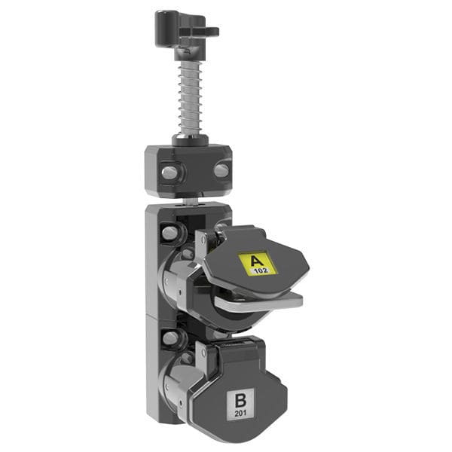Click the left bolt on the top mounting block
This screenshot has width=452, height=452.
click(169, 173)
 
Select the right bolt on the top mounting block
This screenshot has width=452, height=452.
click(221, 170)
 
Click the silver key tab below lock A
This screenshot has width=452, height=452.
click(260, 301)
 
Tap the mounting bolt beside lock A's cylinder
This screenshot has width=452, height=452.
click(170, 233)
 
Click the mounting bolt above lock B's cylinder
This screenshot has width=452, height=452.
click(170, 338)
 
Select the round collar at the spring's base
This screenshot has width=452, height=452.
click(190, 139)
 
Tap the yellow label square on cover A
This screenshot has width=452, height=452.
click(258, 263)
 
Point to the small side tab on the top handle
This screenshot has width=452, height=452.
click(209, 32)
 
